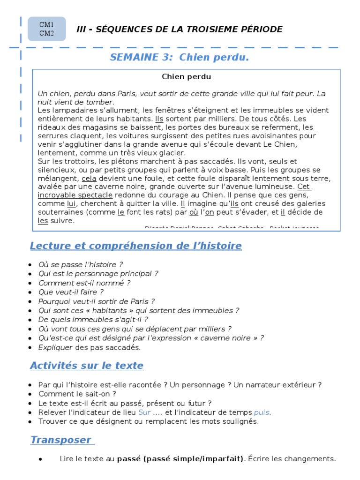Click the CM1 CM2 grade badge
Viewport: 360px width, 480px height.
coord(46,29)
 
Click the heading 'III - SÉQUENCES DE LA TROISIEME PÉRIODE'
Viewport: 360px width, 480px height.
coord(180,30)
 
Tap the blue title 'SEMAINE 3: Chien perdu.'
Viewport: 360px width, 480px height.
coord(179,57)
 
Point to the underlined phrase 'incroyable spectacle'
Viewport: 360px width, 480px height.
coord(75,195)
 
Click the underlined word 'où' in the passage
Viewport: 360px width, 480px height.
coord(194,212)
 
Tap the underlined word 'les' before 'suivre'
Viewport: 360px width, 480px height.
coord(43,220)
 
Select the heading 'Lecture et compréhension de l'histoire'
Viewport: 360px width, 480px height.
coord(136,246)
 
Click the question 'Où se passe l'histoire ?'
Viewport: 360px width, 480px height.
coord(81,265)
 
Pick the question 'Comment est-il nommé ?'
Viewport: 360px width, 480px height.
coord(84,283)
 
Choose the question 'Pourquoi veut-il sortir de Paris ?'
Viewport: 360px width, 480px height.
coord(97,301)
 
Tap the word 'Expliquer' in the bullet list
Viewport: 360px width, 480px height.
coord(55,347)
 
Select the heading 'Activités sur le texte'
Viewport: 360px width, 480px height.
coord(87,366)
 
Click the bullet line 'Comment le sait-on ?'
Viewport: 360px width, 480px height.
coord(77,394)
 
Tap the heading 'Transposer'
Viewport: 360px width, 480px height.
coord(61,440)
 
